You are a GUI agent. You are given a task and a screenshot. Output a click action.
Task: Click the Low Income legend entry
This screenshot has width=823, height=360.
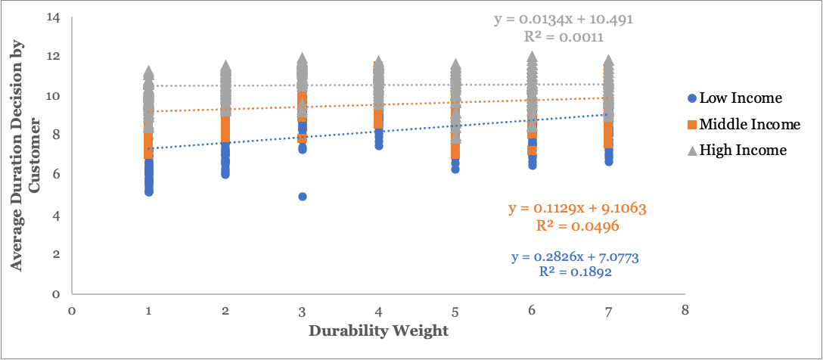[740, 98]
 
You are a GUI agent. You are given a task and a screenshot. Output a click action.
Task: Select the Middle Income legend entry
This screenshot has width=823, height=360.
[750, 124]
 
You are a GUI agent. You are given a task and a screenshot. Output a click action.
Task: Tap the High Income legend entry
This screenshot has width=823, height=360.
[743, 151]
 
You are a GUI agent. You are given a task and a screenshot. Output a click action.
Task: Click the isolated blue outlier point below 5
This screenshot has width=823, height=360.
[303, 197]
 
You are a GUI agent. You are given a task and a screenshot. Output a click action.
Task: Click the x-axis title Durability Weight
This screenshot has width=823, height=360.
[378, 331]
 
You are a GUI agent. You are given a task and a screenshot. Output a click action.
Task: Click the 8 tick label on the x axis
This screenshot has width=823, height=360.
[685, 310]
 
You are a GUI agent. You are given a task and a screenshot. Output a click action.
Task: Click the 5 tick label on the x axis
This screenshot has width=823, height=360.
[455, 310]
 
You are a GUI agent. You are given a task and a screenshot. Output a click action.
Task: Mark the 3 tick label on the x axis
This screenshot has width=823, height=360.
[302, 310]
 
